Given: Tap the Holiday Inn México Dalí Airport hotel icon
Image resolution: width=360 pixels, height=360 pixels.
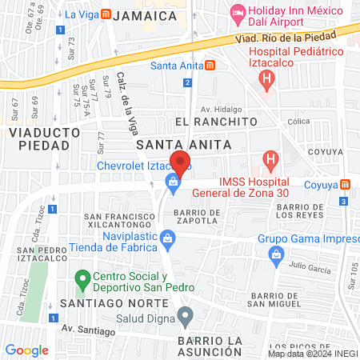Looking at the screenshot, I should click(237, 12).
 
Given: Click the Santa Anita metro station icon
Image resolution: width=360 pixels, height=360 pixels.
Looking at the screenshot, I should click(210, 65).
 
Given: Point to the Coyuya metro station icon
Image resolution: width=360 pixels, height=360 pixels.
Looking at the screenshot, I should click(344, 185).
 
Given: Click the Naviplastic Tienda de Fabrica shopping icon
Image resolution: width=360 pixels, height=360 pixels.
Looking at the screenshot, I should click(167, 237).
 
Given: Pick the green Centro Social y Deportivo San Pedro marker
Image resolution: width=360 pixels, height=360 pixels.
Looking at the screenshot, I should click(81, 280).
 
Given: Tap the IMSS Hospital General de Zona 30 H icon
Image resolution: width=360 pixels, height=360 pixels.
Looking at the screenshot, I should click(271, 160).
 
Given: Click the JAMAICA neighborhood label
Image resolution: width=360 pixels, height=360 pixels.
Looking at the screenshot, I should click(145, 16).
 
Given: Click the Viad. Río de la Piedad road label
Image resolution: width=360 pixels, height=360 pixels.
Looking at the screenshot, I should click(284, 37).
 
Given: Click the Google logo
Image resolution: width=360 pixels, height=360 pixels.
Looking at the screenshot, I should click(26, 350).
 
